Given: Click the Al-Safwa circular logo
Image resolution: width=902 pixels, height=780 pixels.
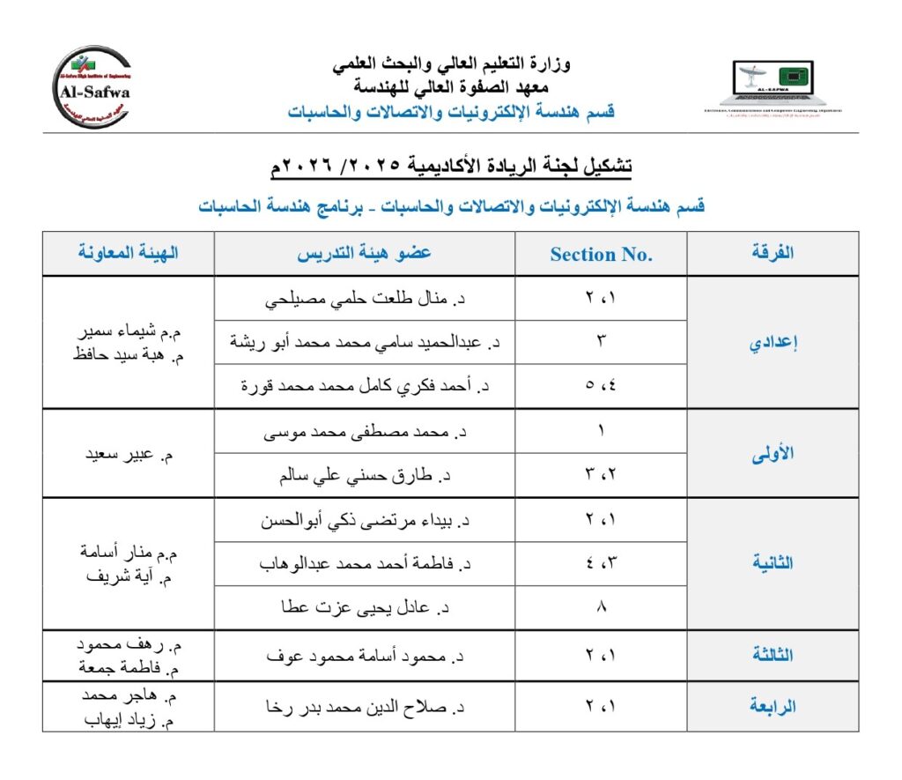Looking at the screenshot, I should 92,87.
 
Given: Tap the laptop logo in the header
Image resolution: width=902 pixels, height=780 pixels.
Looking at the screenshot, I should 773,86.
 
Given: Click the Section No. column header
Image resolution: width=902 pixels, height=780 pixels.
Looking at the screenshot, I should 601,255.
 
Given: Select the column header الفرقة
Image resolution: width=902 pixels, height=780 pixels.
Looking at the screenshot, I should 773,253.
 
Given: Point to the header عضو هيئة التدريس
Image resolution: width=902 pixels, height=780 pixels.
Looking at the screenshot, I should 364,253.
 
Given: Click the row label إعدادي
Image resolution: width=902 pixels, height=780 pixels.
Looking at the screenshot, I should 773,344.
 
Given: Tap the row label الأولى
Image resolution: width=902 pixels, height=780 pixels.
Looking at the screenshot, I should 773,454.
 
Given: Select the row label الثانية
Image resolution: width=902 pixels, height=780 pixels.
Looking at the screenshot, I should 773,563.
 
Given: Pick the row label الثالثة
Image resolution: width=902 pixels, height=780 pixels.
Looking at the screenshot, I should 773,655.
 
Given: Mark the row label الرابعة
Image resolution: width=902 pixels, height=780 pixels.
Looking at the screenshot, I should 773,706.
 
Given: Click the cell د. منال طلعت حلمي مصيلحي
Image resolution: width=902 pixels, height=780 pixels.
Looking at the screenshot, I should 366,299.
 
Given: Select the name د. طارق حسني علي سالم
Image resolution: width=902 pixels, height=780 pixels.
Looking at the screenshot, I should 364,476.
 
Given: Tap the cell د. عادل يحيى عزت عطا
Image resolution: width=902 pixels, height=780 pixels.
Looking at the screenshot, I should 365,608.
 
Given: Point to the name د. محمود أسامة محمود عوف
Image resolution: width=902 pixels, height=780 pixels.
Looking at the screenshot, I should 365,656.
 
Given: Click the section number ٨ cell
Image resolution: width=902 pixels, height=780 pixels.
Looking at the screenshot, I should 602,608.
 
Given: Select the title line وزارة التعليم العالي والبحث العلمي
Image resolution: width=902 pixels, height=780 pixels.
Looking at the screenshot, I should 451,63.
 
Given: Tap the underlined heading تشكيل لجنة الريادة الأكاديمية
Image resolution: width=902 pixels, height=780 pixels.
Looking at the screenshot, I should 451,166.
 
